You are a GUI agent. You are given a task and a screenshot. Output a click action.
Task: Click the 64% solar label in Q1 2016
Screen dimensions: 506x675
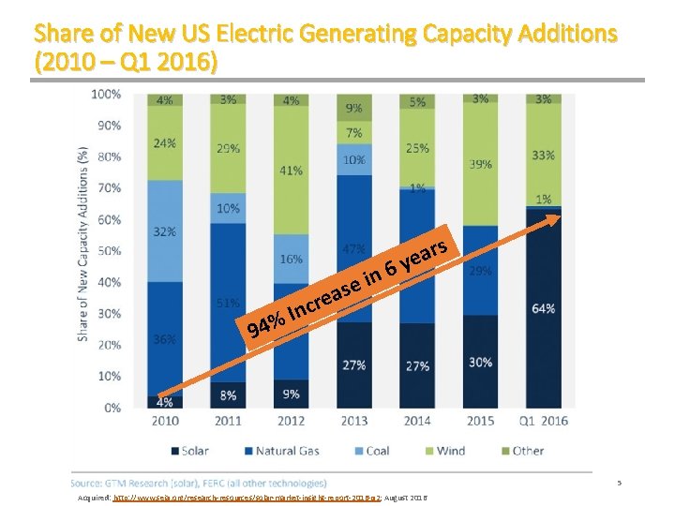(x=543, y=308)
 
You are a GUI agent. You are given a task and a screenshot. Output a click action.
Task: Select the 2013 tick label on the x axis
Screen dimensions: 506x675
(x=353, y=421)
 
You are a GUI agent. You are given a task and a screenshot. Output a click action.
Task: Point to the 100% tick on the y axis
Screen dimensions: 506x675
(x=106, y=94)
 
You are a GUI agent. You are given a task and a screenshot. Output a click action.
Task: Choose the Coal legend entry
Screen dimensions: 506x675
(x=369, y=451)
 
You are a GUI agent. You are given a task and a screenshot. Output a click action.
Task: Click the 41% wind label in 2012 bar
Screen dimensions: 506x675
(x=291, y=171)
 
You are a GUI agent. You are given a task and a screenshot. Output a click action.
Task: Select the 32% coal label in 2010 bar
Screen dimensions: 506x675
(x=165, y=231)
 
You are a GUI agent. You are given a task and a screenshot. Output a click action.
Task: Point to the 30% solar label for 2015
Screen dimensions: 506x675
(x=480, y=363)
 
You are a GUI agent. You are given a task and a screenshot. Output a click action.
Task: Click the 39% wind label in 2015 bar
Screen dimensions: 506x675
(x=480, y=163)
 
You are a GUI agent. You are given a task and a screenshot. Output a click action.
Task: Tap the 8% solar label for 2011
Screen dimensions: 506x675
(x=228, y=394)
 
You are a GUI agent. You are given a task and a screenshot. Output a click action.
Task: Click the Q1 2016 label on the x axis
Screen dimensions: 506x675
(x=543, y=421)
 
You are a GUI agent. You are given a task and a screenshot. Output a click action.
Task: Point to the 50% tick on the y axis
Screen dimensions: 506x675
(x=109, y=250)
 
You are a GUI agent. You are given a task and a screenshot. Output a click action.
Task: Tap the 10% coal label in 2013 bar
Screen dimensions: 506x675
(x=353, y=159)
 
